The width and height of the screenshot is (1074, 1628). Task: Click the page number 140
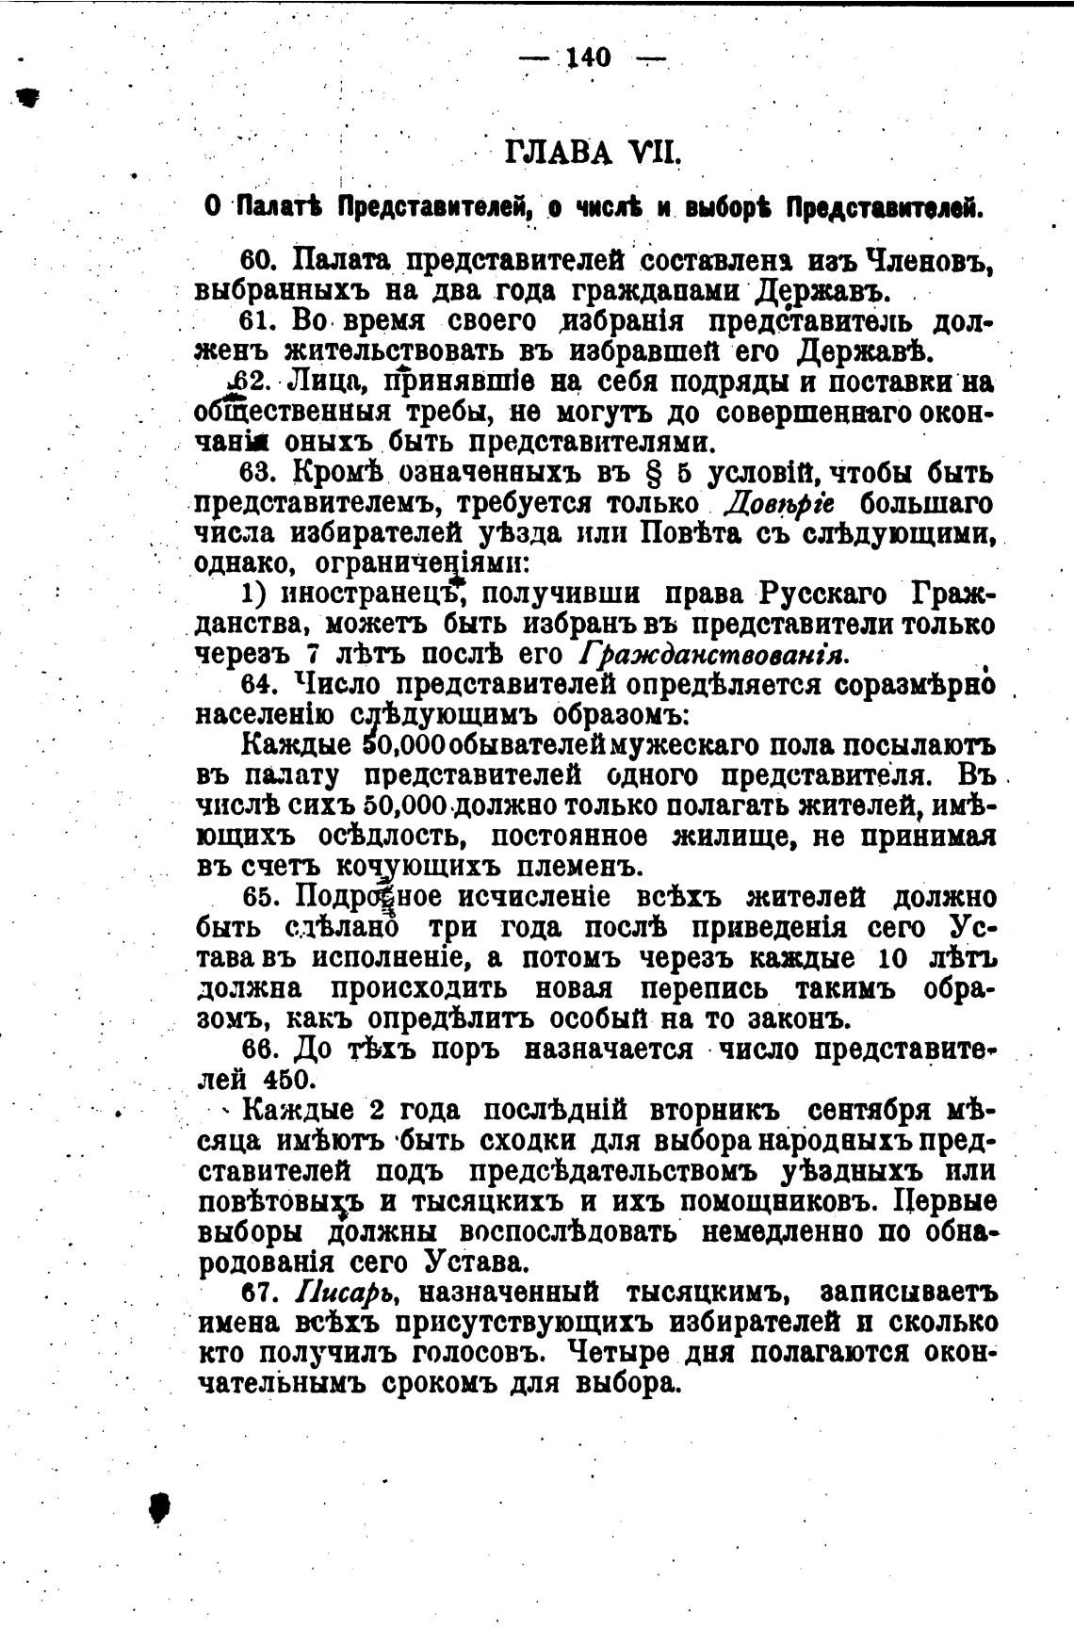(591, 58)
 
